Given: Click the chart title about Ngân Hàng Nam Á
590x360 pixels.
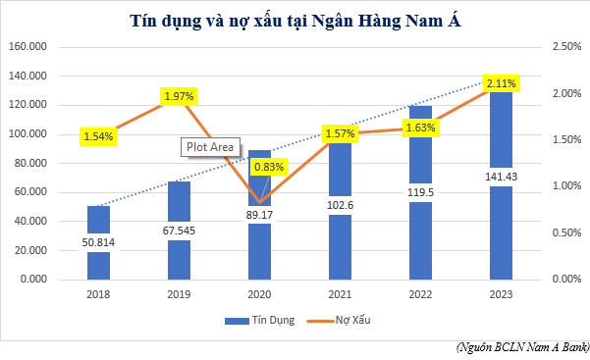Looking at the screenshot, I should click(x=295, y=21).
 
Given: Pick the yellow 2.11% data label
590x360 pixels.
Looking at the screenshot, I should click(x=500, y=84).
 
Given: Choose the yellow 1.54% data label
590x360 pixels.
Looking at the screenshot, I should click(x=99, y=136).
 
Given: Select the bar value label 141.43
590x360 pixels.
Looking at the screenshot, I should click(x=500, y=176).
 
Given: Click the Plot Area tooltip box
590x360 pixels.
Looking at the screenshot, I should click(x=209, y=147).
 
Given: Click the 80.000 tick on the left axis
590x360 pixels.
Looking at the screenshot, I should click(x=29, y=163).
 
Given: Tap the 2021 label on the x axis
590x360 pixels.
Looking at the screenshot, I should click(x=339, y=293).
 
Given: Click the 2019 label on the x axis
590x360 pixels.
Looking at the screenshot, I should click(x=179, y=293).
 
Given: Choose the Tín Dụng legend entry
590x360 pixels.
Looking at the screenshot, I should click(x=257, y=320).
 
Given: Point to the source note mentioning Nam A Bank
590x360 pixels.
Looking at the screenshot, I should click(x=522, y=347).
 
